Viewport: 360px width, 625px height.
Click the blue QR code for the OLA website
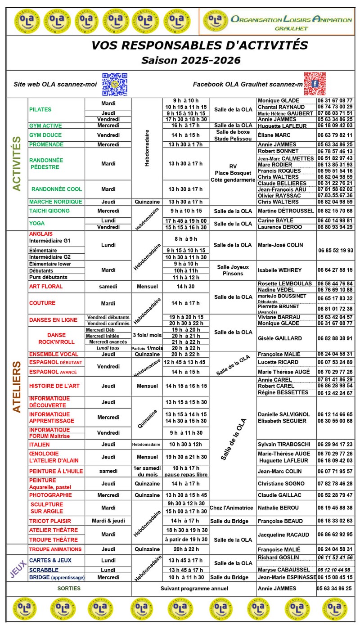[x=114, y=84]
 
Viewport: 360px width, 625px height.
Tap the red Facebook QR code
[x=315, y=84]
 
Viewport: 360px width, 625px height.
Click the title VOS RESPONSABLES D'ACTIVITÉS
[x=200, y=45]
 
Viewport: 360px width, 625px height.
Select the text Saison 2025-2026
[x=191, y=60]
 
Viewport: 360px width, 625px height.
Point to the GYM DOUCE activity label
[x=45, y=135]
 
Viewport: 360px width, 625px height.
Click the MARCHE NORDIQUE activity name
[x=56, y=202]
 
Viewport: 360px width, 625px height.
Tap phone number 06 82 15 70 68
[x=335, y=211]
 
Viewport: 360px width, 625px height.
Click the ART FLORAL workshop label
[x=46, y=287]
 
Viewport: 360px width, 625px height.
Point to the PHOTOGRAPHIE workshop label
[x=50, y=495]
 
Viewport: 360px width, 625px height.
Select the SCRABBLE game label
[x=44, y=570]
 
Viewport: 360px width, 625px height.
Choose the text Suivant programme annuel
[x=194, y=589]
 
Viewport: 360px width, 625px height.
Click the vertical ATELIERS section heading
[x=17, y=387]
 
